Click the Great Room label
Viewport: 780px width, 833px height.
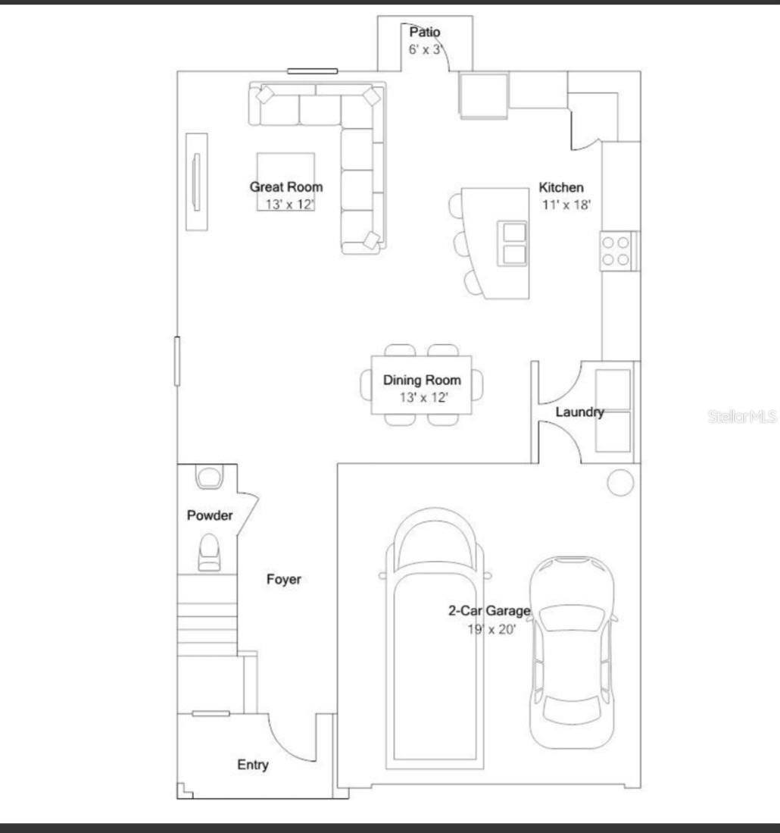pos(286,187)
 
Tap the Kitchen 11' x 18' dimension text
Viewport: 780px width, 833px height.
pos(566,205)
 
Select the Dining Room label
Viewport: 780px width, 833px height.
pos(422,380)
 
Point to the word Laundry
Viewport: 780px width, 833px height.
pos(579,412)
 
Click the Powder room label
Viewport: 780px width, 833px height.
pos(210,515)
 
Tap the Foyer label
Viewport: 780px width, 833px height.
pos(283,579)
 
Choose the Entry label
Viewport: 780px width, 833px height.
pos(253,765)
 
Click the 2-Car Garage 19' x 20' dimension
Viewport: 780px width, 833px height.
pos(491,630)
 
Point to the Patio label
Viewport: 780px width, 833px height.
pos(425,32)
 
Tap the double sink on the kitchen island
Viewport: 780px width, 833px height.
pos(513,243)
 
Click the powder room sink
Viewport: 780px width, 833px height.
pos(209,477)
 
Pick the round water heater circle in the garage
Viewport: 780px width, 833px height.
pos(620,482)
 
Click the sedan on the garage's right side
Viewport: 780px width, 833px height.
pos(573,653)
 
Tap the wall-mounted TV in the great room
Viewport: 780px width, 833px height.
pos(196,182)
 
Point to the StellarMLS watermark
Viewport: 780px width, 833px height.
pos(742,417)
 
